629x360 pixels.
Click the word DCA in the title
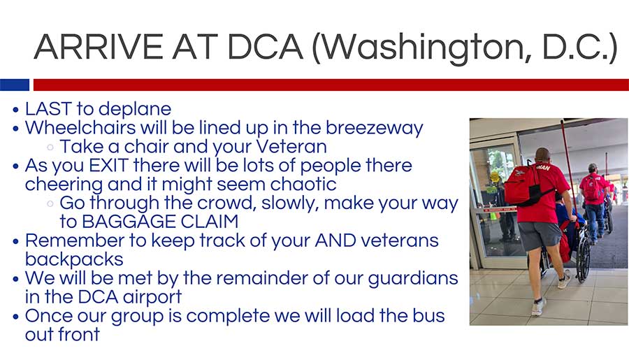tap(265, 47)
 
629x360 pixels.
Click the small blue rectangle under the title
tap(15, 85)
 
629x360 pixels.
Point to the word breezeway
tap(375, 128)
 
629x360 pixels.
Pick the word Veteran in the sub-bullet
tap(291, 147)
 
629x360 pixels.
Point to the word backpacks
tap(74, 259)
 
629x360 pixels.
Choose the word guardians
tap(413, 278)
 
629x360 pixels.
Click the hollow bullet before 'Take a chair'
tap(50, 147)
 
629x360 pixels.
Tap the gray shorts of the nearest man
tap(539, 236)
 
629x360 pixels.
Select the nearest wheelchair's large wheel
tap(584, 259)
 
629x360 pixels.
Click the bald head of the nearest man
tap(542, 154)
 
